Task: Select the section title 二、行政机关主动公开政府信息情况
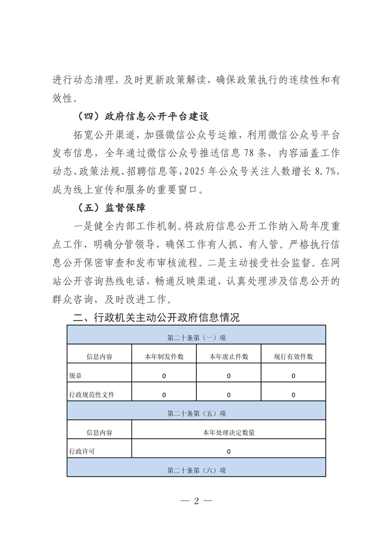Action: pos(156,317)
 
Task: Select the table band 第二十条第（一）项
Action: pos(196,337)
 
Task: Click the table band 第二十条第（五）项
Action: pos(196,413)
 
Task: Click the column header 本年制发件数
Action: pos(164,356)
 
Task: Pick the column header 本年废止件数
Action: pos(229,356)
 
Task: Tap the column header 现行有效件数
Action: pos(293,356)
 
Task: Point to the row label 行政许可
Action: pos(82,451)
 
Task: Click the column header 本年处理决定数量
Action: pos(229,432)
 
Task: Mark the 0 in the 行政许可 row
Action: pos(229,451)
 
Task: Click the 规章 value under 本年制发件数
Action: pos(164,375)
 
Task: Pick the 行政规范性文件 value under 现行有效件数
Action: pos(293,395)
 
